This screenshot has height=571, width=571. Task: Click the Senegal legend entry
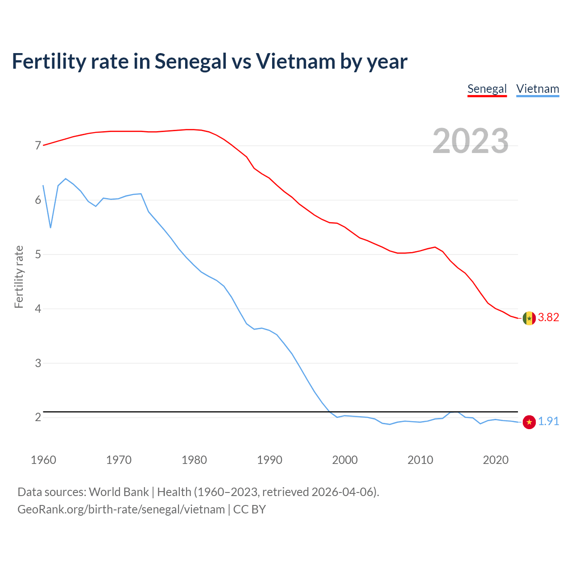487,89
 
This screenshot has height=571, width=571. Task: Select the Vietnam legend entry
538,89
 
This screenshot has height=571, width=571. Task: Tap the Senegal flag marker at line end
529,318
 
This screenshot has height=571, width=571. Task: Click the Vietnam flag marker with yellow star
529,422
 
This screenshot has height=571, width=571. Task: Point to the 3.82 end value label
548,318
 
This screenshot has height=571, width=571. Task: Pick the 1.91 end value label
548,422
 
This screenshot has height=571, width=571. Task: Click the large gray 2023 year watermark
471,141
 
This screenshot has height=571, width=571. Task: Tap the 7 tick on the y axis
38,146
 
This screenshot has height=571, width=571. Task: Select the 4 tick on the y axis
38,309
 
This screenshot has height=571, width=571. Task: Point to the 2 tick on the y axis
38,418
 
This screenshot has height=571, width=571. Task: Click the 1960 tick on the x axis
43,460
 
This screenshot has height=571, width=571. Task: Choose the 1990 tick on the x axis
269,460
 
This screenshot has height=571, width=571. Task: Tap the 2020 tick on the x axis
496,460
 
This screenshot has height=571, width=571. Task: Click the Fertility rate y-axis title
19,277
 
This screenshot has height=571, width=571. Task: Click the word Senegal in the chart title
191,62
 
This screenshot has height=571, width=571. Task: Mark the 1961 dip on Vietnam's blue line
50,228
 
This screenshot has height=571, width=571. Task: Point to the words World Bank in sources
119,492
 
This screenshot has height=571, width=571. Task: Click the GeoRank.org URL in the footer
121,509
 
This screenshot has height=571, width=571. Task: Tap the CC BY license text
249,509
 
